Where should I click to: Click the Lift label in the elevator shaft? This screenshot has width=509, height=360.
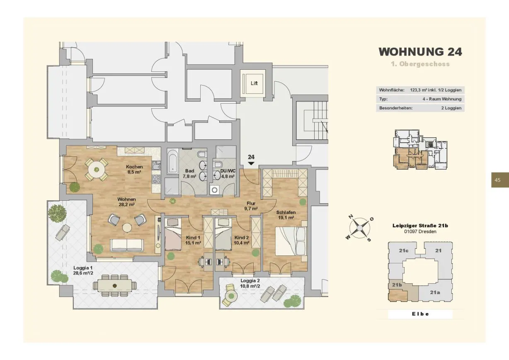254,83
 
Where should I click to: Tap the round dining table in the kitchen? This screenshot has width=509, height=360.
97,170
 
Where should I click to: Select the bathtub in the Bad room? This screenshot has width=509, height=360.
172,161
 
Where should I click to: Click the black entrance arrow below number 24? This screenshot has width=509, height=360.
251,163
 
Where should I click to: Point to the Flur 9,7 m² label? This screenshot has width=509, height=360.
251,206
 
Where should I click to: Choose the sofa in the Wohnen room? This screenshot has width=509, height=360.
127,246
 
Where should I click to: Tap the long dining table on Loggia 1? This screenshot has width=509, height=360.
115,285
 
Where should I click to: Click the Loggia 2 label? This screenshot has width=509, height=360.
250,281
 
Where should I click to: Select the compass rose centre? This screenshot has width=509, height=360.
359,228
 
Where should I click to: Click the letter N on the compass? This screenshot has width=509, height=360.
351,216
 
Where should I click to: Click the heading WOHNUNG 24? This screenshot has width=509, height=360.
420,52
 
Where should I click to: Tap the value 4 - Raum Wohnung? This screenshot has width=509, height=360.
442,99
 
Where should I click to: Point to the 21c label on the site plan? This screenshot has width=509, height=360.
404,251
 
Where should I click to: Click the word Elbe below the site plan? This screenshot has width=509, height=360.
420,314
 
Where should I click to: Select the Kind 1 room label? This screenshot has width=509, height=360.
193,238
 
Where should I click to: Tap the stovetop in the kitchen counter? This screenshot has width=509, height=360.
156,179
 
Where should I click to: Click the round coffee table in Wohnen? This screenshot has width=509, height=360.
127,228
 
